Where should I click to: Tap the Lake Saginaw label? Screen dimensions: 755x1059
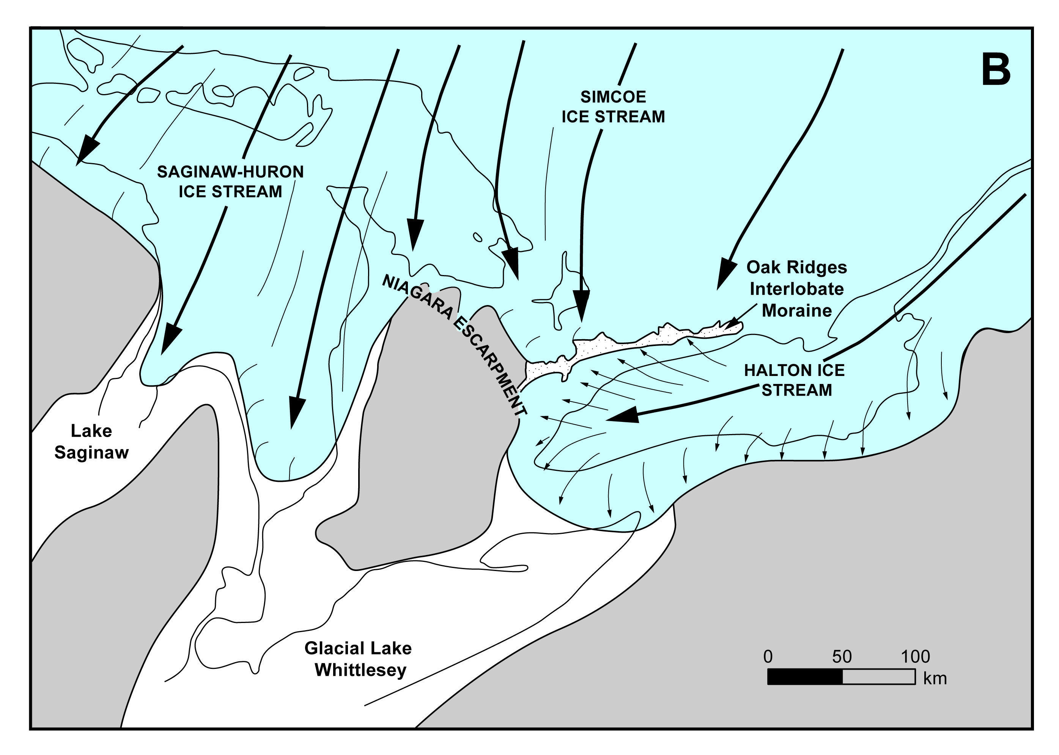(x=91, y=442)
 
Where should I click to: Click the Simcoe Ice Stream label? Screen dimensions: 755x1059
(x=613, y=107)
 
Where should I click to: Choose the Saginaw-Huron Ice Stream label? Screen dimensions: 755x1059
(x=231, y=182)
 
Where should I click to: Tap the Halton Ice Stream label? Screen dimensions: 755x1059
(x=795, y=380)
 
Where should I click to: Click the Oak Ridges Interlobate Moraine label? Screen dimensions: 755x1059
(x=797, y=289)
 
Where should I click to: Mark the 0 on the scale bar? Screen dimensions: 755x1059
(x=768, y=657)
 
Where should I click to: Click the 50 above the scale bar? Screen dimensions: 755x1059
(x=842, y=657)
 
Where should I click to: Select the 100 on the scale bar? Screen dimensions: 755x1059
(x=915, y=657)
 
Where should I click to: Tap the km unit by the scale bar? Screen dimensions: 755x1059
(x=935, y=679)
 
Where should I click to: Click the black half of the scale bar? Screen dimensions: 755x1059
(x=805, y=677)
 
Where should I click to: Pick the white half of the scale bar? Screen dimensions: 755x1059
(x=879, y=677)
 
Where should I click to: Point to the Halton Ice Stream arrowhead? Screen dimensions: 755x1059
(x=623, y=415)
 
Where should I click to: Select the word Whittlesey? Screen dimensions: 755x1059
(x=361, y=670)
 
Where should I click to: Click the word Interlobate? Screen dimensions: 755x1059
(x=797, y=289)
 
